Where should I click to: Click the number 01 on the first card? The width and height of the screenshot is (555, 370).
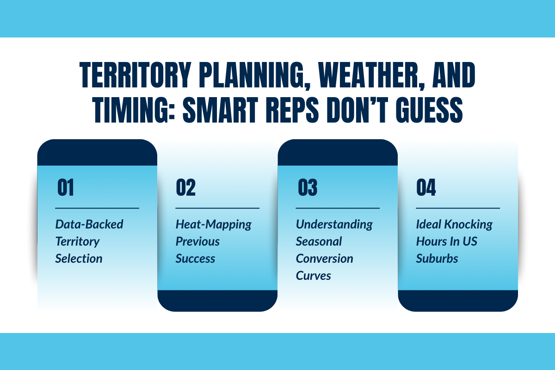[x=65, y=188]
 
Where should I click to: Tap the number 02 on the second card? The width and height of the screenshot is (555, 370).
[x=185, y=188]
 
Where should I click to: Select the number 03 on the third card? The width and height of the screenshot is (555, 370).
[x=306, y=188]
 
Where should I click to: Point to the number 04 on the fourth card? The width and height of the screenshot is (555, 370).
[x=426, y=188]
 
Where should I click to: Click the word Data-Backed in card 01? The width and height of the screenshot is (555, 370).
[x=89, y=224]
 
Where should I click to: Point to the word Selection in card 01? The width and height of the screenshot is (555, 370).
[x=79, y=258]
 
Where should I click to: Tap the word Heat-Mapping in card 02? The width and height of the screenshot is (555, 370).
[x=213, y=224]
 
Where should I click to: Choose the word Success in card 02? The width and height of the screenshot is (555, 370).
[x=195, y=258]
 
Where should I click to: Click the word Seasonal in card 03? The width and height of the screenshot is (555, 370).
[x=319, y=241]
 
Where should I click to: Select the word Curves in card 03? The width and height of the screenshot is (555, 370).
[x=314, y=275]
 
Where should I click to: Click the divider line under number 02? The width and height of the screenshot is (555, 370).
[x=217, y=208]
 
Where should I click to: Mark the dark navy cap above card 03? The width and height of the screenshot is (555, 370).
[x=338, y=153]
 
